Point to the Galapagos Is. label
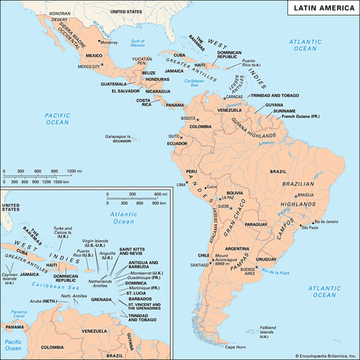tap(119, 137)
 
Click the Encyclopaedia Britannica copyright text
tap(314, 354)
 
